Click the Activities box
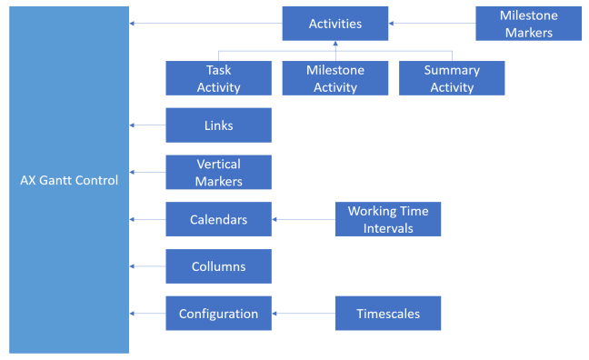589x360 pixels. coord(334,24)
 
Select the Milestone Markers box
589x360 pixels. coord(528,24)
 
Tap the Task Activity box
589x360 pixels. coord(218,78)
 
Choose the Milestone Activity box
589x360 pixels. coord(334,78)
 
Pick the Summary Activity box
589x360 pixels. coord(452,78)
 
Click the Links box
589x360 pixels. coord(218,125)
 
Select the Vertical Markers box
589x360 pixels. coord(218,172)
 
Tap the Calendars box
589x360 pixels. coord(218,219)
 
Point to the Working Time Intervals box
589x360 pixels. coord(388,219)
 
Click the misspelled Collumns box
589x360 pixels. coord(218,266)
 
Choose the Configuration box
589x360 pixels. coord(218,314)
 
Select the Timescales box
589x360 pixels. coord(388,314)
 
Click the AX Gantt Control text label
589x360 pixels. coord(69,180)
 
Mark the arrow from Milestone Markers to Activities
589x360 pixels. coord(432,24)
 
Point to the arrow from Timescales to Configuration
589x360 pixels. coord(304,314)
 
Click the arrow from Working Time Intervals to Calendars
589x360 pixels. coord(304,219)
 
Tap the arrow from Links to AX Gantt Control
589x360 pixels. coord(147,125)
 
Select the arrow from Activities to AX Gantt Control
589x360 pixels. coord(205,24)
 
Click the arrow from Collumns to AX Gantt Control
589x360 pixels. coord(147,266)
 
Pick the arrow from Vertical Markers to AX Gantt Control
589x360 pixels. coord(147,172)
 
